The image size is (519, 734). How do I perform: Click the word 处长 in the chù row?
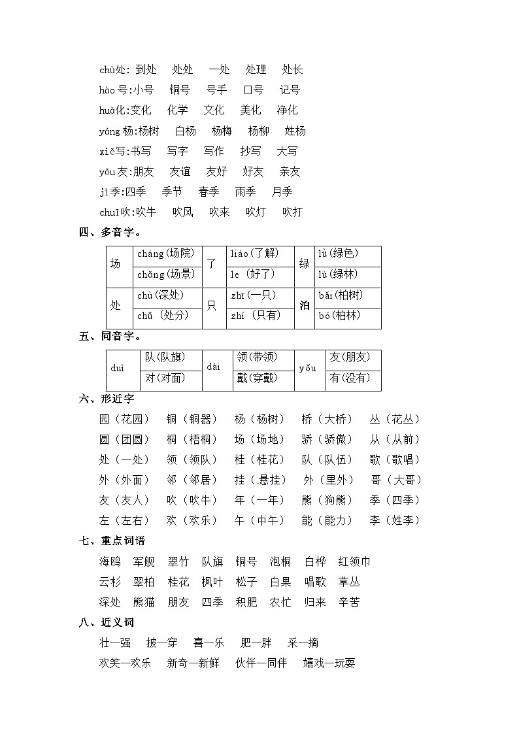click(292, 70)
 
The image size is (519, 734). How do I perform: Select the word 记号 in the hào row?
click(290, 90)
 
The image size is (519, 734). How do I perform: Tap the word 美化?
click(250, 110)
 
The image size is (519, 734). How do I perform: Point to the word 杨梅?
click(222, 131)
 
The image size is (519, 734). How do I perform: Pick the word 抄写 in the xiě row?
click(250, 151)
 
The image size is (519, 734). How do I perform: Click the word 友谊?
click(180, 171)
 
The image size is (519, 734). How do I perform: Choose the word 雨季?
click(245, 192)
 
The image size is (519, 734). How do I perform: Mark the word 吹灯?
click(256, 212)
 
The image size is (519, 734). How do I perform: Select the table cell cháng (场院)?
click(165, 254)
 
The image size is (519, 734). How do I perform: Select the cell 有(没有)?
click(350, 377)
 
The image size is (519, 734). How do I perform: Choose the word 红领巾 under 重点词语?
click(354, 561)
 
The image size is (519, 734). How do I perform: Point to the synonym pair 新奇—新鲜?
click(193, 663)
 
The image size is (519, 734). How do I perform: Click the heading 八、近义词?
click(107, 622)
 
